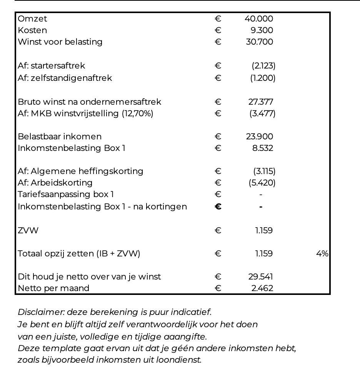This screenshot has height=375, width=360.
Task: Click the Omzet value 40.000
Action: pyautogui.click(x=259, y=19)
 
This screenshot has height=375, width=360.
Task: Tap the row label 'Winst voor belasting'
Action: pyautogui.click(x=60, y=42)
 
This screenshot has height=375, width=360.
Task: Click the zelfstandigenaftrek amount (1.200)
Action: pyautogui.click(x=263, y=78)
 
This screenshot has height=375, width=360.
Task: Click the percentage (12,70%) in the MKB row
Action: pyautogui.click(x=137, y=114)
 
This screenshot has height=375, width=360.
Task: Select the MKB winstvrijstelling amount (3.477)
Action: pyautogui.click(x=263, y=114)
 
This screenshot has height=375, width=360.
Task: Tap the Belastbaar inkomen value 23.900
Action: pyautogui.click(x=260, y=137)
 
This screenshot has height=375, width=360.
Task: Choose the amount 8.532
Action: pyautogui.click(x=263, y=148)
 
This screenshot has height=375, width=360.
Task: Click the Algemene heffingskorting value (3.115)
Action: pyautogui.click(x=264, y=171)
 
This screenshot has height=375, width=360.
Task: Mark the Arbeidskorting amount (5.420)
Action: pyautogui.click(x=262, y=183)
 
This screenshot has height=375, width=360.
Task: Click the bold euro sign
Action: pyautogui.click(x=218, y=207)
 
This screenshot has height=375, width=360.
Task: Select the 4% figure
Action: pyautogui.click(x=322, y=254)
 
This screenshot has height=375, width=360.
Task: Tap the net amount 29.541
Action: pyautogui.click(x=261, y=277)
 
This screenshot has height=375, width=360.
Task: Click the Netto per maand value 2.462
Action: pyautogui.click(x=262, y=288)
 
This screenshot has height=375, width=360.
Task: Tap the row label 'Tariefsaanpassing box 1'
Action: pyautogui.click(x=66, y=194)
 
